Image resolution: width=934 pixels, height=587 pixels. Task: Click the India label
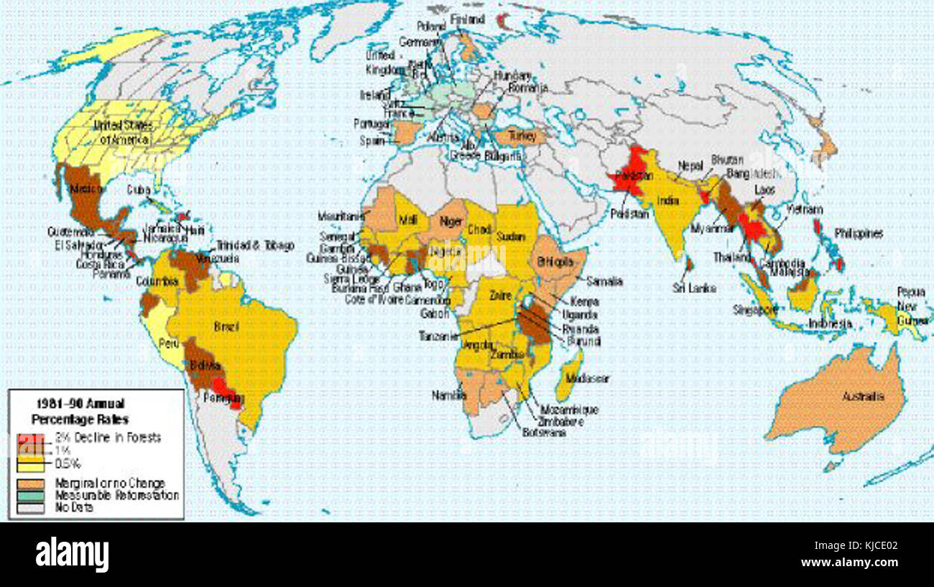(x=667, y=201)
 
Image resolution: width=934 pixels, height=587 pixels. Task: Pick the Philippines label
(x=858, y=234)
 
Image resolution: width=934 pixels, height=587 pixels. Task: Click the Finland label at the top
(x=467, y=19)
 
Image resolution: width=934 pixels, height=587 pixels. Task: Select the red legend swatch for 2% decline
(x=26, y=438)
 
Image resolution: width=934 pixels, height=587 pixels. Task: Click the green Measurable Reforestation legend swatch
(x=26, y=496)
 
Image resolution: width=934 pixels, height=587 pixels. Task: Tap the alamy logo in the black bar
(x=72, y=555)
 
